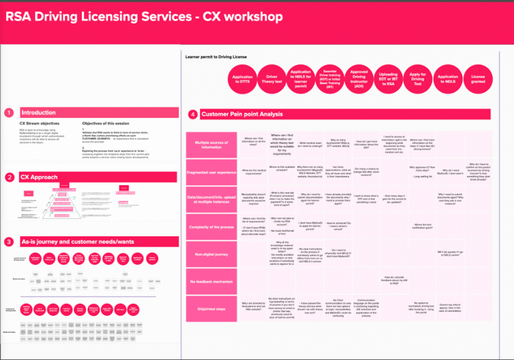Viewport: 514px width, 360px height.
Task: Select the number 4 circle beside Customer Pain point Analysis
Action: pos(193,114)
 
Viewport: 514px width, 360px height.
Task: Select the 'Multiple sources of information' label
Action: pos(211,145)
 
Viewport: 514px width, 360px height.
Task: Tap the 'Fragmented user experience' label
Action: pos(211,173)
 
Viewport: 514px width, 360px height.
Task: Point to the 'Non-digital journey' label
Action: pos(211,254)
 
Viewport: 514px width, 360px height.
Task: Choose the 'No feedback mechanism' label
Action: pos(211,281)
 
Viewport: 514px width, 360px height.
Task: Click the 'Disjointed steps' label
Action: pos(211,308)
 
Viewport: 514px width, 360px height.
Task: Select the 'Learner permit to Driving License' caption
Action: pos(216,57)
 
